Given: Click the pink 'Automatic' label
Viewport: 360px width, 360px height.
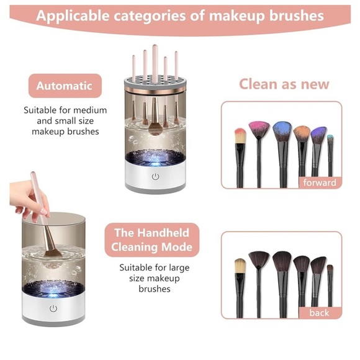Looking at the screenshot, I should tap(64, 86).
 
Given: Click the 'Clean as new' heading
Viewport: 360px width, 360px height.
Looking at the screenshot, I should tap(285, 84).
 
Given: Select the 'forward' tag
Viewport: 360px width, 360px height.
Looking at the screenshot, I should tap(320, 182).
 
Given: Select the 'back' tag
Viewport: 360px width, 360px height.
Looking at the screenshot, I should tap(319, 313).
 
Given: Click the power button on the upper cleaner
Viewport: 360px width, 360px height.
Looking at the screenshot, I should tap(155, 177).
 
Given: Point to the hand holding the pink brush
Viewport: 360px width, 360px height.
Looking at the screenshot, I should tap(30, 197).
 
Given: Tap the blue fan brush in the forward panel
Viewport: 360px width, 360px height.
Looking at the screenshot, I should tap(281, 133).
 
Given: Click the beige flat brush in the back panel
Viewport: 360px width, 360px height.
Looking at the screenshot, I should tap(240, 268).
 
